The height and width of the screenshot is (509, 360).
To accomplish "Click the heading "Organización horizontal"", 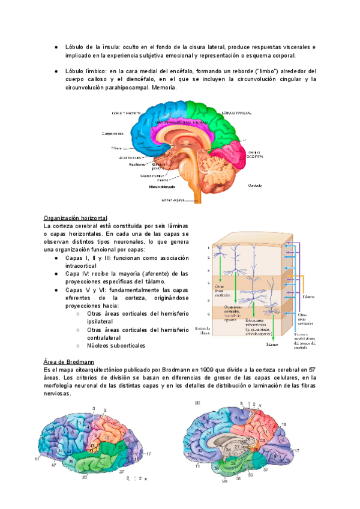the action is (x=76, y=218).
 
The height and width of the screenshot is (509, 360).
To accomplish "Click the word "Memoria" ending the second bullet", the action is (x=163, y=87).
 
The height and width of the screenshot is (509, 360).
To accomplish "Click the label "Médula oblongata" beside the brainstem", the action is (x=161, y=186).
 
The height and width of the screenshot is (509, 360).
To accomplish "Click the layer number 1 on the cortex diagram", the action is (x=208, y=248).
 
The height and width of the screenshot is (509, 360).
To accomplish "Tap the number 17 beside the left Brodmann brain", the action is (x=148, y=453).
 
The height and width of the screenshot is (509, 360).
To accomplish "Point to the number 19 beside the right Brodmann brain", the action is (x=283, y=424).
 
